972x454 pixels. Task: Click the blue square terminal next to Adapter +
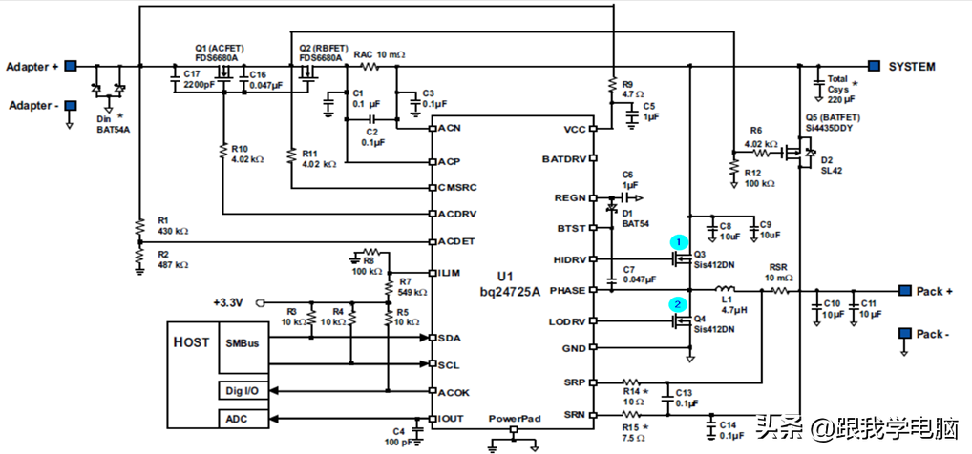click(x=71, y=66)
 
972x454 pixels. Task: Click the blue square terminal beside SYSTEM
click(x=874, y=66)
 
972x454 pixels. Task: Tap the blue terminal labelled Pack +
click(x=901, y=290)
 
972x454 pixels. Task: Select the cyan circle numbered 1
click(x=680, y=243)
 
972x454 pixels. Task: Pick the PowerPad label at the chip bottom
click(x=514, y=419)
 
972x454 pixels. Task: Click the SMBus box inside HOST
click(x=243, y=342)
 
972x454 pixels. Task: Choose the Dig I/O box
click(x=243, y=390)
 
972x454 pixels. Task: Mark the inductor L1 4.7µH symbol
click(x=726, y=289)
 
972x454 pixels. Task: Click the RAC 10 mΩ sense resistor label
click(x=379, y=54)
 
